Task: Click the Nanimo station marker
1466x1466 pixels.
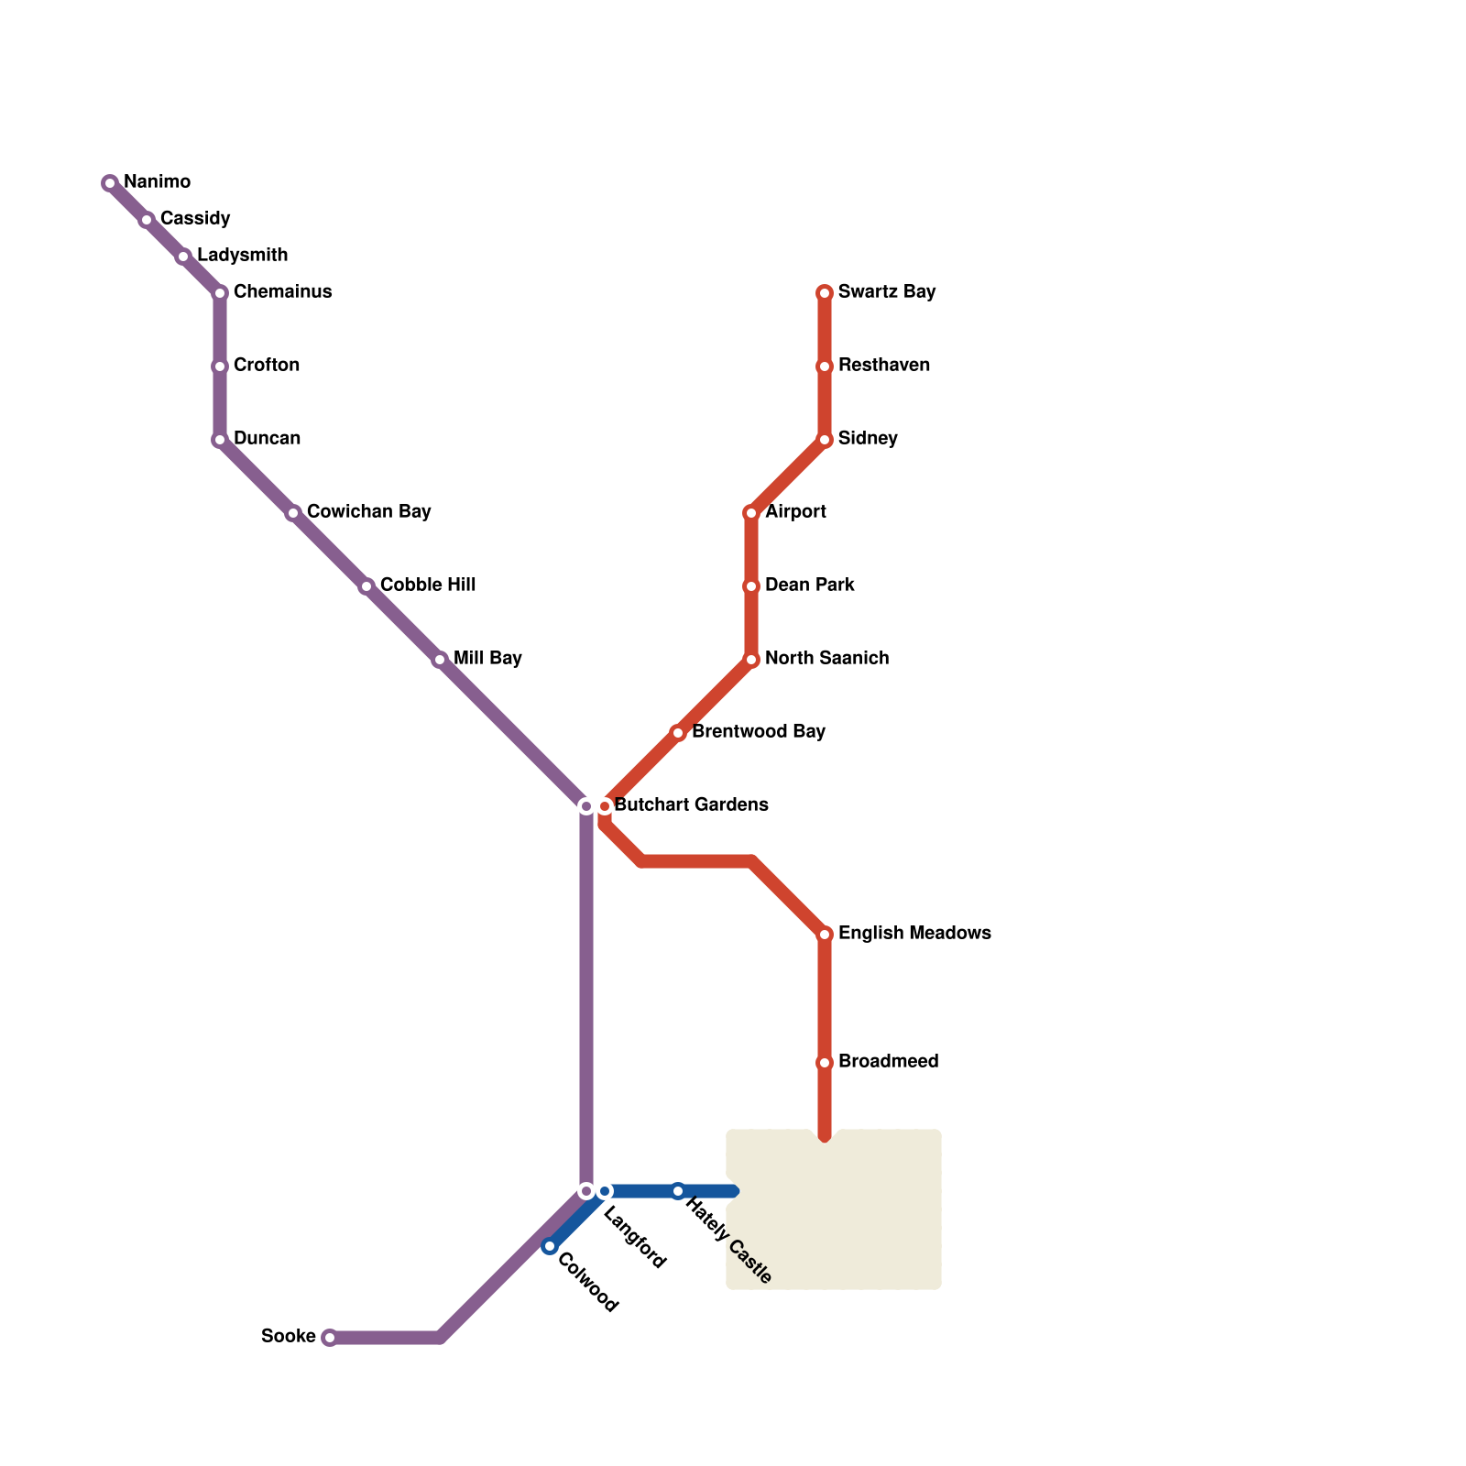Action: tap(110, 183)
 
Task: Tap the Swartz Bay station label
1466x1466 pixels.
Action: tap(886, 292)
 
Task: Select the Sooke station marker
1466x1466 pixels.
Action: tap(330, 1338)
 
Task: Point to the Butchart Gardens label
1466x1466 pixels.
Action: tap(691, 805)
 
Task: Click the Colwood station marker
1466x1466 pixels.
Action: tap(550, 1246)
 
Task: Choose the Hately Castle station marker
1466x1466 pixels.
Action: tap(678, 1191)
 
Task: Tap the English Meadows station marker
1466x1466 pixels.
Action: tap(825, 935)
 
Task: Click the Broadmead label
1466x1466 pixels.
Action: tap(888, 1062)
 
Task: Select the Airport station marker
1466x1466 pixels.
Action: tap(751, 513)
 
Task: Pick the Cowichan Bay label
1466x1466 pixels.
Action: tap(368, 512)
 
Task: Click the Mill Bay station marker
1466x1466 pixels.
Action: tap(440, 660)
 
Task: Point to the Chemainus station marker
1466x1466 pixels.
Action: tap(220, 293)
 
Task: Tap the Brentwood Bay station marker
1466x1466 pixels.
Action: tap(678, 733)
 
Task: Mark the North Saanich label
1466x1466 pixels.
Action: tap(826, 659)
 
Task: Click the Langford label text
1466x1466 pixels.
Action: tap(635, 1241)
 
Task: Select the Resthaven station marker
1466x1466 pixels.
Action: tap(825, 366)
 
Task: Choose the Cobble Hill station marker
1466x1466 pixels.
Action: tap(366, 586)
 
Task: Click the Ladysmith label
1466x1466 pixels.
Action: tap(242, 256)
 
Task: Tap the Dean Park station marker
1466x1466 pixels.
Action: tap(751, 586)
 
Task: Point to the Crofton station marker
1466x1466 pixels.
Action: tap(220, 366)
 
